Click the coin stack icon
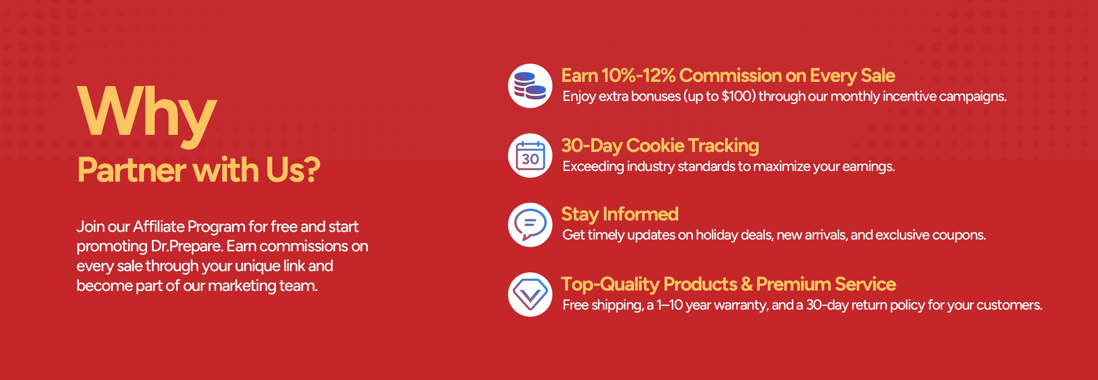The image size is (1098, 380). coord(530,86)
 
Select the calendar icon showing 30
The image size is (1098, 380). coord(530,155)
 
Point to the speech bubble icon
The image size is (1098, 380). coord(530,225)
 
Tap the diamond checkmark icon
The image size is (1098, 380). coord(530,294)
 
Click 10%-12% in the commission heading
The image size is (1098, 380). coord(639,75)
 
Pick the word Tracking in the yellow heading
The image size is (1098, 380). coord(723,146)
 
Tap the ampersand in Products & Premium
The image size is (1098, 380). coord(746,284)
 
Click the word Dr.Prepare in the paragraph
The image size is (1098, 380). coord(187,246)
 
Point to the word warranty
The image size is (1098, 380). coord(740,305)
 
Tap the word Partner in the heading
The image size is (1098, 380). coord(131,171)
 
